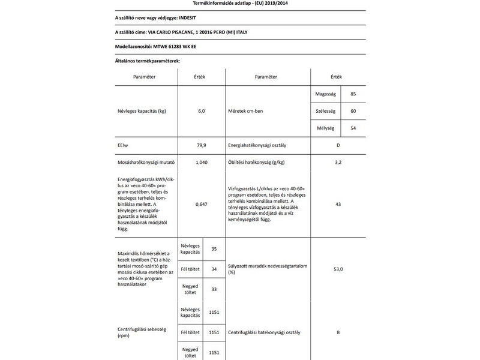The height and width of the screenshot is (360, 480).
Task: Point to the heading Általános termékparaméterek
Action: point(147,61)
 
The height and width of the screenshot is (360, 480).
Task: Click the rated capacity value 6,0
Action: point(202,112)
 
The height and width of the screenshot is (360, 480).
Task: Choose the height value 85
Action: point(353,95)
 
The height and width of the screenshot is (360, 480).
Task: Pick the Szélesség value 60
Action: point(353,112)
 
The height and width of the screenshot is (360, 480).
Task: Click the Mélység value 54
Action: point(353,128)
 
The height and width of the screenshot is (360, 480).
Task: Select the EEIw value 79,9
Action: point(202,145)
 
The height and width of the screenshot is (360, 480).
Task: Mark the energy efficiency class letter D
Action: point(338,145)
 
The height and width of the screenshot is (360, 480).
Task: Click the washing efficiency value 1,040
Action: point(202,162)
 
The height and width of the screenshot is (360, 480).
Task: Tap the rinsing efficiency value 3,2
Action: point(338,162)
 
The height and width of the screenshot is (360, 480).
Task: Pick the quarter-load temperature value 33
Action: point(214,289)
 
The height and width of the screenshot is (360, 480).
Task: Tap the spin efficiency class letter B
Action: point(338,332)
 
